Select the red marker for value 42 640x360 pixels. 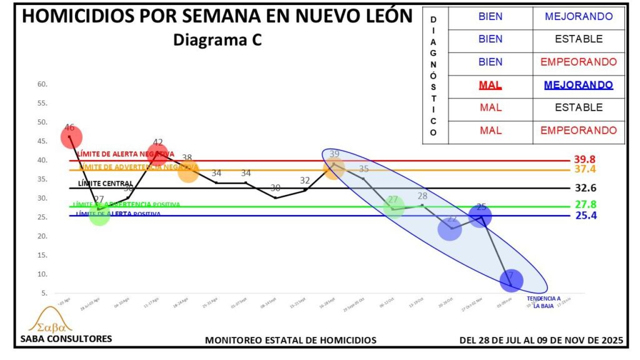point(157,152)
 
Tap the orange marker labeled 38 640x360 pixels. point(188,171)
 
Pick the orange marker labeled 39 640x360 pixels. point(334,168)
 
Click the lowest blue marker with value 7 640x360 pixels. point(511,280)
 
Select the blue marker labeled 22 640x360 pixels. point(449,229)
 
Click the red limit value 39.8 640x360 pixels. point(586,160)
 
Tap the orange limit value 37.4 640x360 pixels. point(586,170)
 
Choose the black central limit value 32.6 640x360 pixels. point(586,188)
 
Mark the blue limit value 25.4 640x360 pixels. point(586,216)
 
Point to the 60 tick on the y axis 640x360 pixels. point(43,84)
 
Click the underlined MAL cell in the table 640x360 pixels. point(491,84)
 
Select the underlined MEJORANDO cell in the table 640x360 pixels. point(578,84)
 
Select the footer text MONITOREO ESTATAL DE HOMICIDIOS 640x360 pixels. point(291,340)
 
